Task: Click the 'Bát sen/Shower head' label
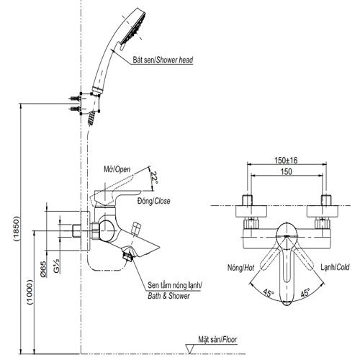pos(163,60)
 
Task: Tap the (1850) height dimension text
pos(16,229)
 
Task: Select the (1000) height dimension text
pos(30,292)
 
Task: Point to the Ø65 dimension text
pos(43,269)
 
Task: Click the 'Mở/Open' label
pos(117,169)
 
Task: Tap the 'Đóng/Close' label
pos(154,201)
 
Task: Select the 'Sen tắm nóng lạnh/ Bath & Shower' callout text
pos(175,290)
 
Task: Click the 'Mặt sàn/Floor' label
pos(217,340)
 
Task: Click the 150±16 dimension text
pos(286,161)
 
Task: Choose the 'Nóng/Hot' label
pos(240,268)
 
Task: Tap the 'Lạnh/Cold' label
pos(335,267)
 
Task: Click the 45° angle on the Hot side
pos(269,293)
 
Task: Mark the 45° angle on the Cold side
pos(305,293)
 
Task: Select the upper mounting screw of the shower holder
pos(74,98)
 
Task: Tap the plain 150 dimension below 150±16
pos(287,171)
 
